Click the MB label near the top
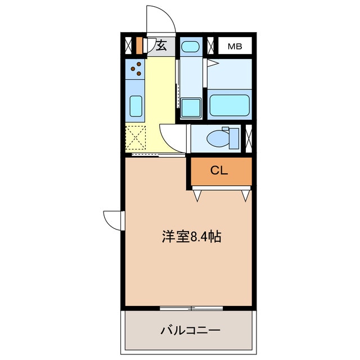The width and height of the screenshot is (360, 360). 235,46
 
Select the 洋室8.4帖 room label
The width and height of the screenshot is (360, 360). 191,237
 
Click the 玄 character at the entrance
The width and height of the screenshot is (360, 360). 161,46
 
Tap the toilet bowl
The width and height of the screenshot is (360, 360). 216,137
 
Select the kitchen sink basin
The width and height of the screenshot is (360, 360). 136,105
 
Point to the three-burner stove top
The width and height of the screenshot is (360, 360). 136,69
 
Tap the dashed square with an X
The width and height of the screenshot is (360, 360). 136,137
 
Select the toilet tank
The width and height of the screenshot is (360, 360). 233,138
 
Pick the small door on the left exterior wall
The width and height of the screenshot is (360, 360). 112,219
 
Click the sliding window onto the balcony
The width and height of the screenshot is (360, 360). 191,308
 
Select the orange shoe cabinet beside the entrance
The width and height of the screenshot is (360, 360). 139,45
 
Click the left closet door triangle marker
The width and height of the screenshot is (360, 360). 197,195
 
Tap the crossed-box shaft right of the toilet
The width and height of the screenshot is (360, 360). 249,138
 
